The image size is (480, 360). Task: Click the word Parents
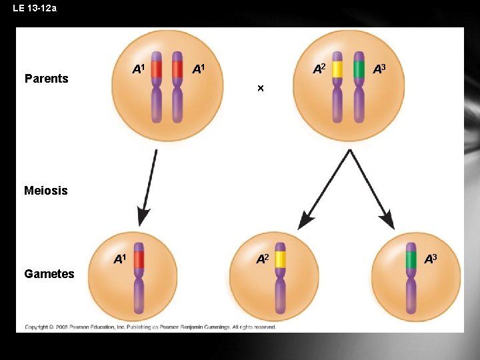pos(46,79)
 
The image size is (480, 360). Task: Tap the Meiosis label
pos(45,191)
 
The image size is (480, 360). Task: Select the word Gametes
pos(49,273)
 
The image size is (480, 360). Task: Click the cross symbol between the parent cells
pos(261,89)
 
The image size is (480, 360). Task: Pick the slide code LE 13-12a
pos(35,8)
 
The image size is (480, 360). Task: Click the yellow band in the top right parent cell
pos(337,69)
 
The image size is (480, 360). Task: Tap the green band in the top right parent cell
pos(359,69)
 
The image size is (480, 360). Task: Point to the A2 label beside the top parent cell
pos(320,68)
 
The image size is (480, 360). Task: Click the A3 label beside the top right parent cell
pos(379,68)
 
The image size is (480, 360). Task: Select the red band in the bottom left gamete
pos(139,259)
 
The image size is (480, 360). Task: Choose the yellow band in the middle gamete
pos(280,259)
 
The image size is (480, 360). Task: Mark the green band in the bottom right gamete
pos(411,259)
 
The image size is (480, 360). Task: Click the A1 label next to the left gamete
pos(120,258)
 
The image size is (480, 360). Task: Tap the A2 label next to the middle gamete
pos(263,258)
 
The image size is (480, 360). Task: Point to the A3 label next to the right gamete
pos(431,259)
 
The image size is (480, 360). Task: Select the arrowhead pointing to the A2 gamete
pos(306,221)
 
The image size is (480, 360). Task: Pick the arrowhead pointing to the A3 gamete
pos(387,221)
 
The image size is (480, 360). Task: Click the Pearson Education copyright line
pos(150,327)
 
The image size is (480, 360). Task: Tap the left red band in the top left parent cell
pos(156,69)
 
